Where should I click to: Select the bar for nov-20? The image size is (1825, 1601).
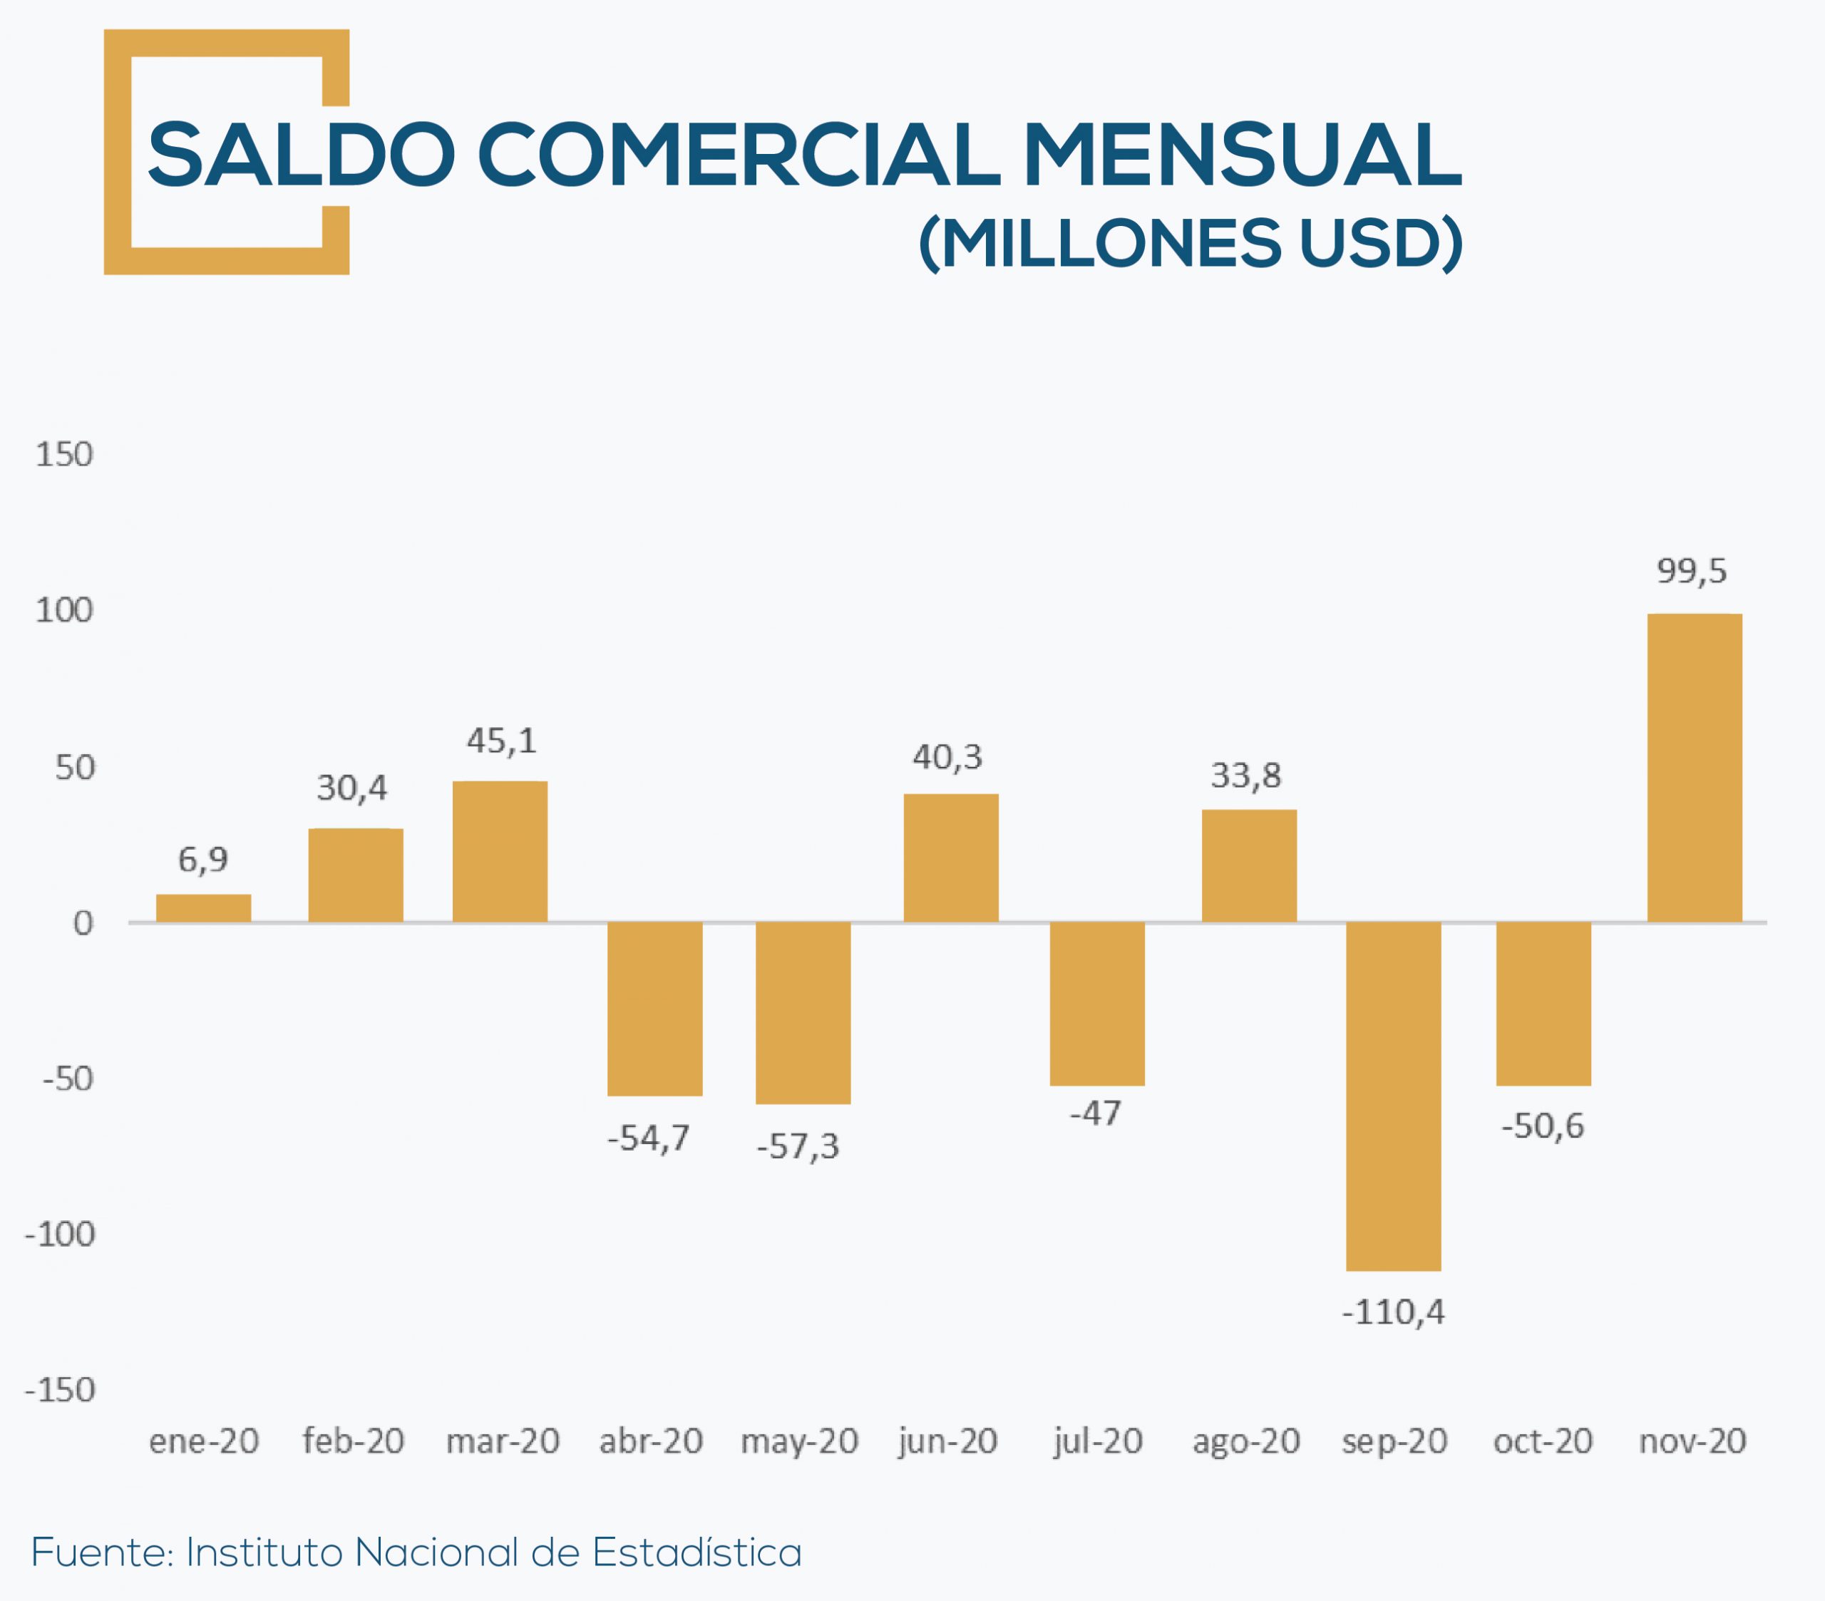coord(1694,768)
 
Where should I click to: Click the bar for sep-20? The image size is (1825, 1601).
coord(1393,1096)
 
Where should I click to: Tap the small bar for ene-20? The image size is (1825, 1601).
coord(204,908)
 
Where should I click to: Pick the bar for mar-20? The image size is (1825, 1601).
coord(500,852)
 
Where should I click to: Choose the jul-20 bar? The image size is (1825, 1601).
coord(1096,1004)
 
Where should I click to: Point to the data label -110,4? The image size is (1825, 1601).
coord(1393,1312)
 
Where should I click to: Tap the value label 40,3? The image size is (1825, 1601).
coord(947,758)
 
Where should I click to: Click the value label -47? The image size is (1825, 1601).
coord(1096,1113)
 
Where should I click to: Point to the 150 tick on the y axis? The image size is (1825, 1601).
coord(63,455)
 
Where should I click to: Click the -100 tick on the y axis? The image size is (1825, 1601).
coord(60,1235)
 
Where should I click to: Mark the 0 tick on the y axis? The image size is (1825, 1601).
coord(82,923)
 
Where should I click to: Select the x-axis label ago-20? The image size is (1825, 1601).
coord(1245,1441)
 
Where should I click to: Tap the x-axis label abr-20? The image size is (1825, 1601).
coord(651,1441)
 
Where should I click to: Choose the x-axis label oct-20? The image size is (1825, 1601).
coord(1543,1441)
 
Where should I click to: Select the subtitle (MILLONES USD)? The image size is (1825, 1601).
coord(1191,243)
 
